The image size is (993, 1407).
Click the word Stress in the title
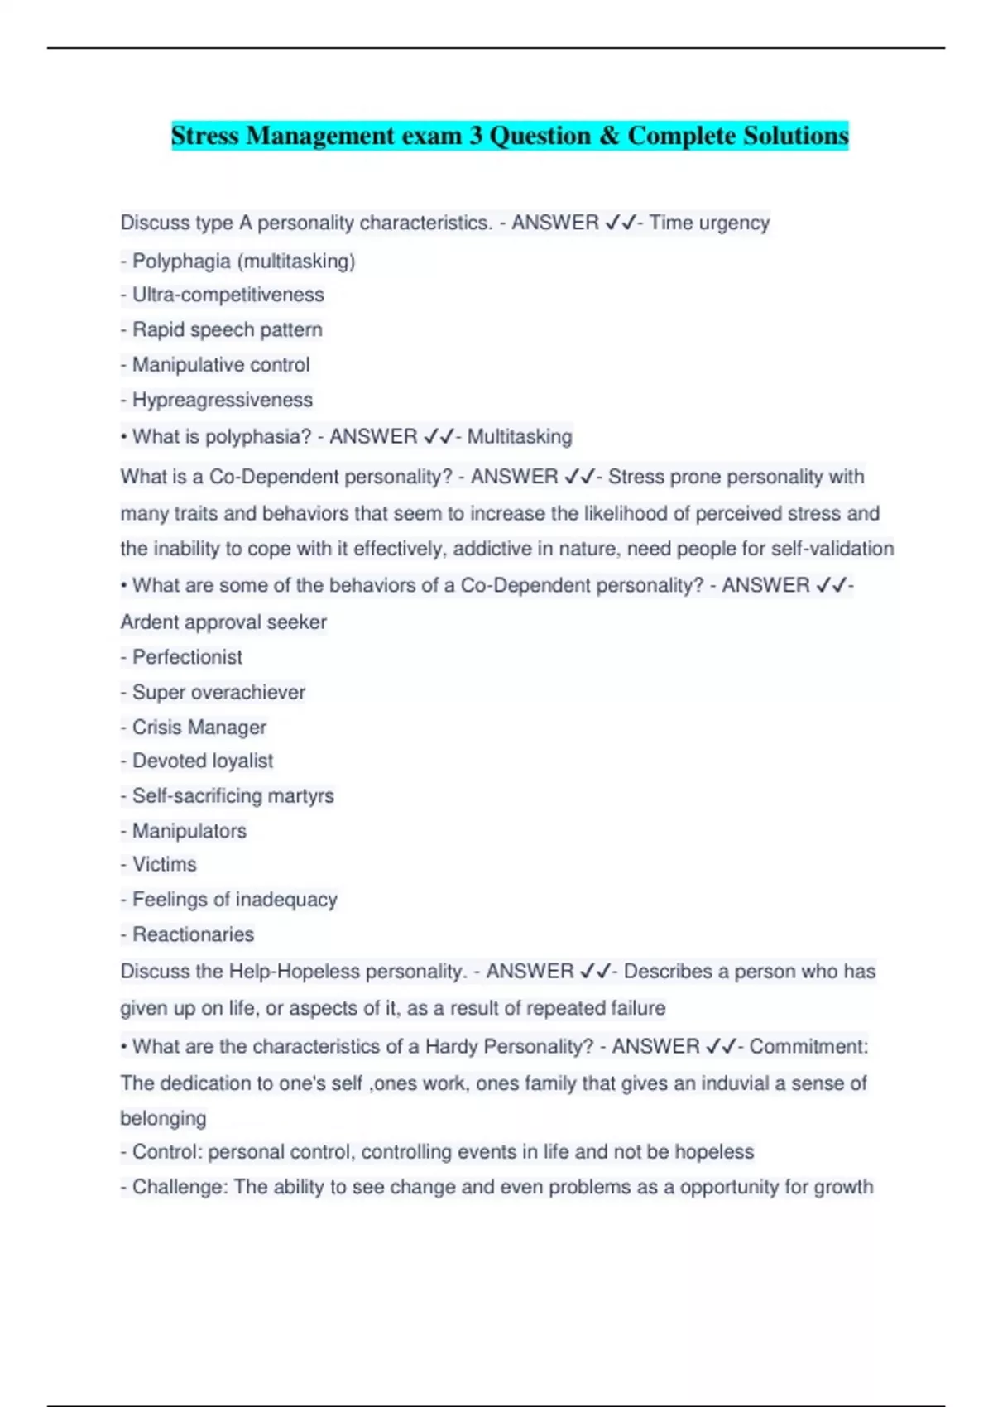[204, 136]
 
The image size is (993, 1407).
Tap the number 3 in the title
[476, 136]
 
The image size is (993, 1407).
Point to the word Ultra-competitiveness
[228, 295]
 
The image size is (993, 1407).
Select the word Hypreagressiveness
[223, 400]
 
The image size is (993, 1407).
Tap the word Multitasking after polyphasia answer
[520, 436]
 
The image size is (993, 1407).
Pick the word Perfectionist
[188, 657]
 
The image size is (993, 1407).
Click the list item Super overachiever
[218, 692]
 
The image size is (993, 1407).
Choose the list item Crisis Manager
[199, 728]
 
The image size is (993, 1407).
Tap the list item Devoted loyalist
[203, 761]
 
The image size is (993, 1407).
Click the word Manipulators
[189, 831]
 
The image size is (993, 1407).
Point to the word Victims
[165, 864]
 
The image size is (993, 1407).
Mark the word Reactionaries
[194, 934]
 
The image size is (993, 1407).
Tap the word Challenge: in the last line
[180, 1187]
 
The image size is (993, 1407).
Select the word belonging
[163, 1118]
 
